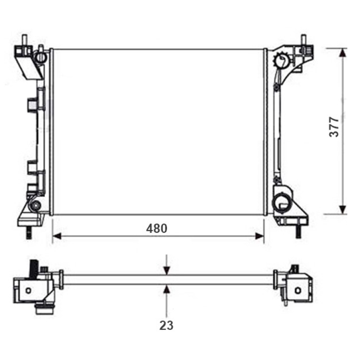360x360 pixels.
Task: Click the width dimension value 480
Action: pyautogui.click(x=157, y=229)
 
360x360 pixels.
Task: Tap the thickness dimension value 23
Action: pyautogui.click(x=166, y=325)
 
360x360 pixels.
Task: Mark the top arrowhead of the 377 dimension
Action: pyautogui.click(x=343, y=53)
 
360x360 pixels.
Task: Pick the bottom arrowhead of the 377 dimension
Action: pyautogui.click(x=343, y=210)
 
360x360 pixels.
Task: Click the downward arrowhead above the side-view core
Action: pyautogui.click(x=167, y=270)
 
